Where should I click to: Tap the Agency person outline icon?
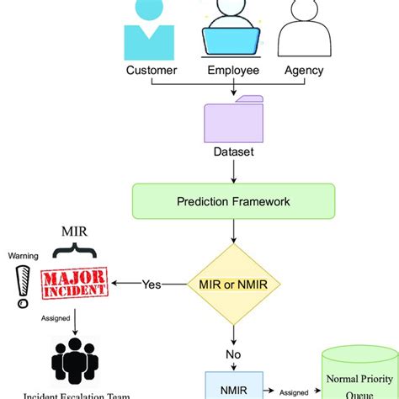306,29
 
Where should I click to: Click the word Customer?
152,70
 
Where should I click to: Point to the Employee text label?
231,70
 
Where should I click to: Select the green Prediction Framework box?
232,202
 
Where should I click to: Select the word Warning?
22,254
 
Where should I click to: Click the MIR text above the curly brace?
77,229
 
